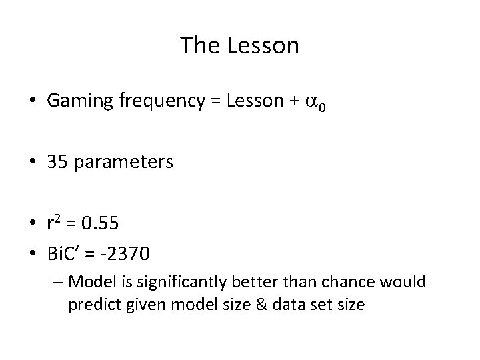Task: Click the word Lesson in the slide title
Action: pyautogui.click(x=263, y=46)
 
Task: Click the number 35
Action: pyautogui.click(x=58, y=162)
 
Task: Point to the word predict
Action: pyautogui.click(x=92, y=305)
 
